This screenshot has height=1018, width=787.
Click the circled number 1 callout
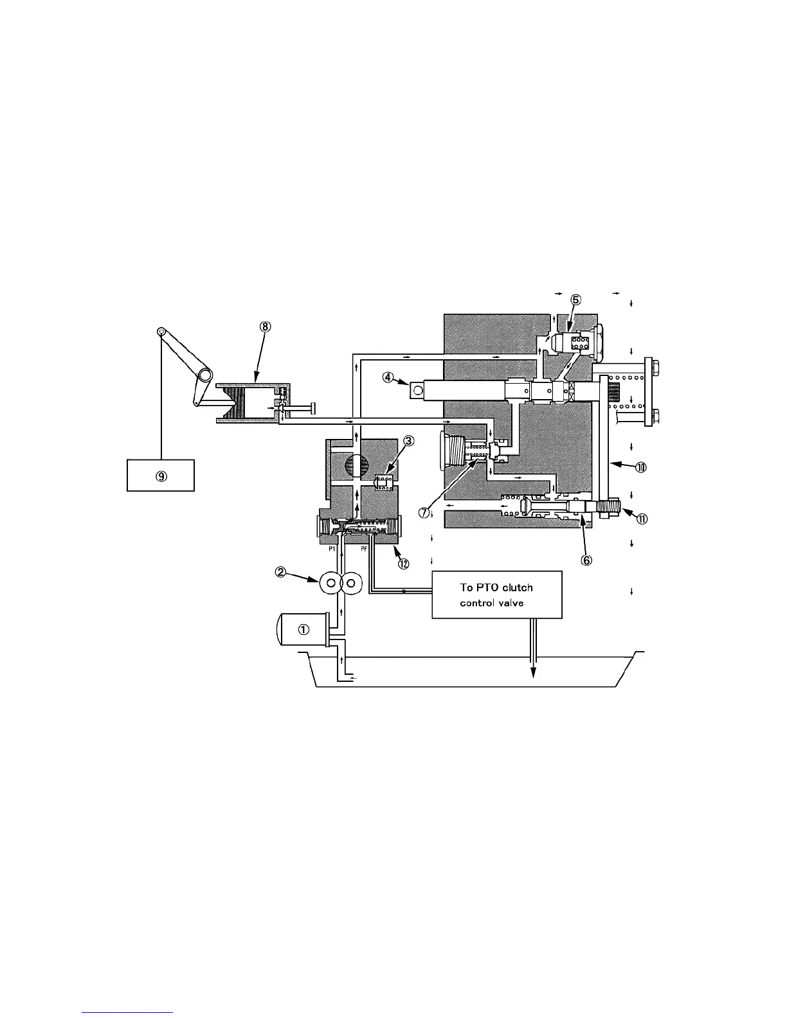point(303,630)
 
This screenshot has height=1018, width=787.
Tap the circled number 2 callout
point(281,571)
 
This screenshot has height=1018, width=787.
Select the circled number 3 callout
point(408,441)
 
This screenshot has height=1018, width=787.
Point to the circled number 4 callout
point(388,378)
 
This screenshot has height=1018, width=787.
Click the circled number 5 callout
point(575,299)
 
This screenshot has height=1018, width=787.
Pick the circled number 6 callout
point(586,560)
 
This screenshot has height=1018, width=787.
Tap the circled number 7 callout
point(424,512)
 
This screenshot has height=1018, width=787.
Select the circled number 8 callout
point(265,326)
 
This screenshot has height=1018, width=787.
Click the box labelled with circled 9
point(161,475)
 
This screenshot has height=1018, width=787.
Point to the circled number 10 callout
point(640,467)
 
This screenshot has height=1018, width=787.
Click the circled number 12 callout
point(403,564)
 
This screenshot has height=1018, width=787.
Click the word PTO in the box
point(487,587)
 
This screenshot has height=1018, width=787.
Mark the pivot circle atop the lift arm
point(161,332)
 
